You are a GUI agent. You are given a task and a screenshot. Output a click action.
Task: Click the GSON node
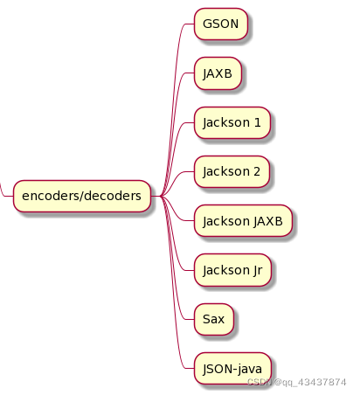[221, 24]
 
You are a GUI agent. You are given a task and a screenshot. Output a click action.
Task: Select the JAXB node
[218, 73]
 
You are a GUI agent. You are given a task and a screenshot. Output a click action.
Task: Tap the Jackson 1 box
[232, 122]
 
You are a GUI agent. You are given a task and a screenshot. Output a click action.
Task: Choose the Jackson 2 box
[232, 171]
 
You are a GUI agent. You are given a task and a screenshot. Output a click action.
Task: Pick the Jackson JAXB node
[243, 221]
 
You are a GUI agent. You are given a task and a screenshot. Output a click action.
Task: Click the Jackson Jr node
[232, 270]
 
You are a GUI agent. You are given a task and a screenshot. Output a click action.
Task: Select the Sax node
[214, 319]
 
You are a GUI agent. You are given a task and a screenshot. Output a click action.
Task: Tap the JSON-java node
[232, 369]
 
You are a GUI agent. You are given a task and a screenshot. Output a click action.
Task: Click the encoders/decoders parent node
[82, 196]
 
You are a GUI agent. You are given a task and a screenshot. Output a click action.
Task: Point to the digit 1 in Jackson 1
[257, 122]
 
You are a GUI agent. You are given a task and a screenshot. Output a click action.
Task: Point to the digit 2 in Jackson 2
[257, 171]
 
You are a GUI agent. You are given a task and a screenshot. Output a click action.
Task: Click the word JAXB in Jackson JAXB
[267, 221]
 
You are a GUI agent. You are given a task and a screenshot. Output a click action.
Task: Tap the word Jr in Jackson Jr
[258, 271]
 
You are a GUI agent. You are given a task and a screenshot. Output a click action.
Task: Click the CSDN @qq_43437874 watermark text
[296, 382]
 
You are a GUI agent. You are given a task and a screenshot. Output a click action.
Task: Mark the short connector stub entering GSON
[190, 24]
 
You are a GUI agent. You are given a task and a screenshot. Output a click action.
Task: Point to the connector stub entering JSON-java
[190, 369]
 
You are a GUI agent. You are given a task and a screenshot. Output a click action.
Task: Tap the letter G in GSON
[207, 24]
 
